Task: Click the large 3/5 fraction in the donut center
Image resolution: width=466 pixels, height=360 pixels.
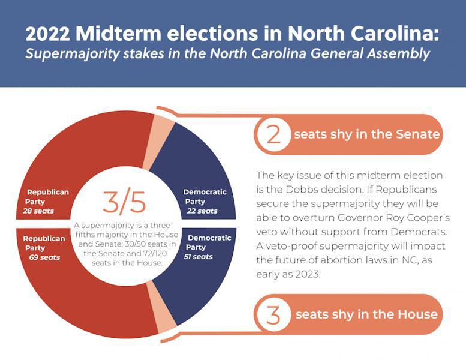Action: [124, 202]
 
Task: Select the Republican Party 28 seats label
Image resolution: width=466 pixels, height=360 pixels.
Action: [47, 202]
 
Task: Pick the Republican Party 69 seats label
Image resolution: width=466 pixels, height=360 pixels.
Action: [44, 248]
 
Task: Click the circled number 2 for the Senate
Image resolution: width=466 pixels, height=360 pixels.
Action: [273, 134]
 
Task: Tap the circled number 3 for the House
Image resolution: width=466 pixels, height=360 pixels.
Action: [273, 314]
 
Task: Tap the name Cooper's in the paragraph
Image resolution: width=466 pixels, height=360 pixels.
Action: [423, 217]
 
